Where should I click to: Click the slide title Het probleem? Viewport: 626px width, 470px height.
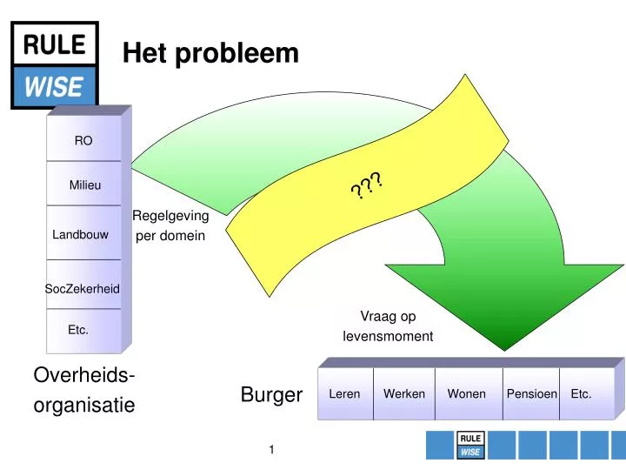click(x=210, y=55)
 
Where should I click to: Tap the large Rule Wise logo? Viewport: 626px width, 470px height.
click(x=55, y=65)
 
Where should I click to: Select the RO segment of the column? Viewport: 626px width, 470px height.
click(x=83, y=140)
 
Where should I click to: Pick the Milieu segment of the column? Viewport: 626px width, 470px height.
click(x=84, y=185)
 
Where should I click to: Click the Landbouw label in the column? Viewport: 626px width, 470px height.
click(x=80, y=235)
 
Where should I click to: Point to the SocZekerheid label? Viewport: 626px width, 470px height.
click(x=83, y=288)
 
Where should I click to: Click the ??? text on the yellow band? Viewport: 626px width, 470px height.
click(x=367, y=185)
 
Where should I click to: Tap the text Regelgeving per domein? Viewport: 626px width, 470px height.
click(x=170, y=225)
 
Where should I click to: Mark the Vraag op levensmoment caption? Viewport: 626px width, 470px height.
click(x=388, y=326)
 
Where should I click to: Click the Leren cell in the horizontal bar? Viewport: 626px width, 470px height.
click(x=344, y=394)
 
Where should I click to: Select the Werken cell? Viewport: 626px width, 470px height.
click(x=404, y=394)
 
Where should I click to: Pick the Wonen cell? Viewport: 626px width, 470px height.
click(x=467, y=394)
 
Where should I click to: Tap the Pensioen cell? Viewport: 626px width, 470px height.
click(x=531, y=394)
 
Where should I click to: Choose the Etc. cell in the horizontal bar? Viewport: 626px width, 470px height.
click(x=581, y=394)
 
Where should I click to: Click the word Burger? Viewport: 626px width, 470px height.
click(x=271, y=395)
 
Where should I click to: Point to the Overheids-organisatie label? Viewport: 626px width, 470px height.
click(x=83, y=390)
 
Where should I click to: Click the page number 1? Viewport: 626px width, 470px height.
click(x=272, y=449)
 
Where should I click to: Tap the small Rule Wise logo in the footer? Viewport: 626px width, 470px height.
click(x=470, y=445)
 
